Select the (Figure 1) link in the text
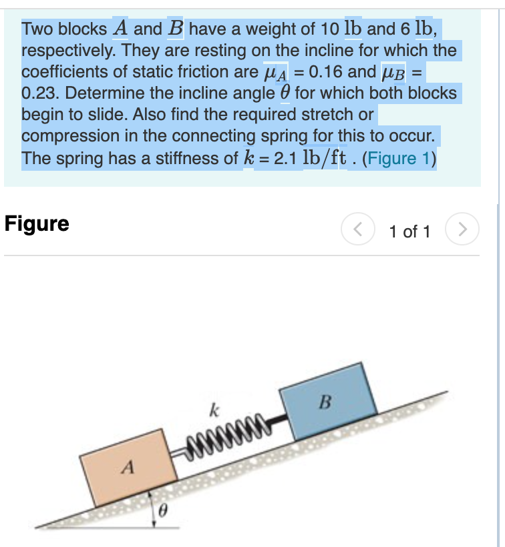400,159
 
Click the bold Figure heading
37,223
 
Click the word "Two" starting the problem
37,29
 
